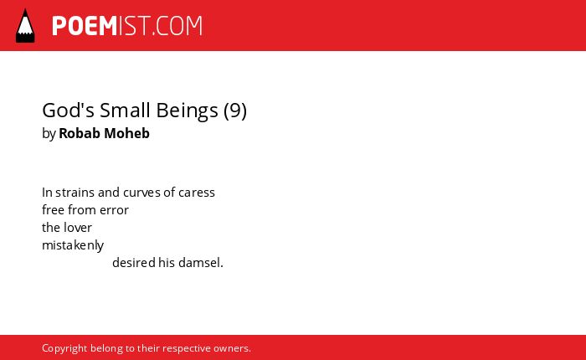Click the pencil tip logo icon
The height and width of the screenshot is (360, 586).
click(25, 25)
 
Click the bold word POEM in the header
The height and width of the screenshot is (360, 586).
click(85, 26)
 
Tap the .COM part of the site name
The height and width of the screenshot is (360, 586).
click(177, 26)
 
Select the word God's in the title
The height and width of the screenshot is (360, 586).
click(68, 111)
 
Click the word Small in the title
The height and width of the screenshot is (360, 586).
click(126, 111)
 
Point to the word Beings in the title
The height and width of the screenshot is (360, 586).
click(187, 111)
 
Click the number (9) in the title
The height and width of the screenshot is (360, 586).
click(235, 111)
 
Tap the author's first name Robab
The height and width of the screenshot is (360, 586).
click(80, 133)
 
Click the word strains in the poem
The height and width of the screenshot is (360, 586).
click(75, 193)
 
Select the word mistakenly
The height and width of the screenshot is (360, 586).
click(73, 245)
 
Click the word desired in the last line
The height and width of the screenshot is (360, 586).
click(134, 262)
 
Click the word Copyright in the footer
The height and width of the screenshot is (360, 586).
click(64, 348)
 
